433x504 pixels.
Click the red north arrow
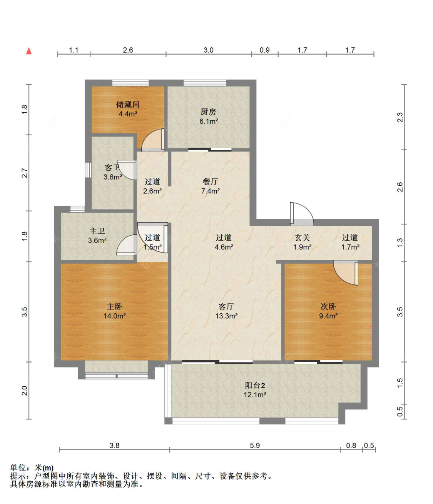click(x=29, y=51)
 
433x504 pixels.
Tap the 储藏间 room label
click(x=128, y=104)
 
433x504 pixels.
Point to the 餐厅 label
click(x=211, y=181)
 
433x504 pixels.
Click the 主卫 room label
click(x=97, y=231)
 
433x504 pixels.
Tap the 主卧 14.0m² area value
click(x=115, y=316)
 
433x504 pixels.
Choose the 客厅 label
click(x=226, y=306)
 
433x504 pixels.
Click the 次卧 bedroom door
click(x=346, y=272)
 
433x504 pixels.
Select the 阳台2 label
click(x=255, y=385)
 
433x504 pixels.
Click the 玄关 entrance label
click(x=303, y=238)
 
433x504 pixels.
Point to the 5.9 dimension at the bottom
click(x=254, y=446)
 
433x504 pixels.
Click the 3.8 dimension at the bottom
click(x=114, y=446)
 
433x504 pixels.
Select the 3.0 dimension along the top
click(x=209, y=50)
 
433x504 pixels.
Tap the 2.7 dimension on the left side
click(x=25, y=173)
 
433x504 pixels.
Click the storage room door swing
click(x=153, y=140)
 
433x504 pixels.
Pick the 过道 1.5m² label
click(x=152, y=242)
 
